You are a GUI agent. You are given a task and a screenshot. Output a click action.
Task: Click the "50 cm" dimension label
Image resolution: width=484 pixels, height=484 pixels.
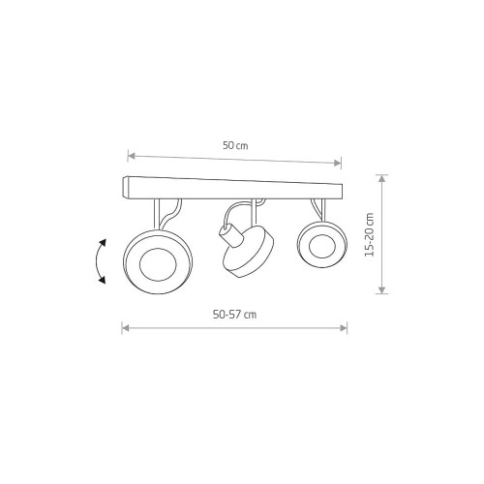(235, 145)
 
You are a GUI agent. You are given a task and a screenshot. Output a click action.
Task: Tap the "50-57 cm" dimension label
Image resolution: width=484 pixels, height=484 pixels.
(234, 315)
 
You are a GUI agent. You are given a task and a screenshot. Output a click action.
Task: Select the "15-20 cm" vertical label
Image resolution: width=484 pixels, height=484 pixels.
(370, 234)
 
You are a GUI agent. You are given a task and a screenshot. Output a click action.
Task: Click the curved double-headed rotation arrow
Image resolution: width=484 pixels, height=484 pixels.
(99, 261)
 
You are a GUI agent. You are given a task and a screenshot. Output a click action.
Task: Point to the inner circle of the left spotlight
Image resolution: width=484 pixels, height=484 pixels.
(158, 265)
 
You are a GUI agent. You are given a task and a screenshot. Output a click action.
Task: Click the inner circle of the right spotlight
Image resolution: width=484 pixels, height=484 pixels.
(322, 247)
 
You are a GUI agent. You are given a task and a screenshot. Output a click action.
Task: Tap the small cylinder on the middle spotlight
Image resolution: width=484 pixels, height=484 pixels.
(231, 235)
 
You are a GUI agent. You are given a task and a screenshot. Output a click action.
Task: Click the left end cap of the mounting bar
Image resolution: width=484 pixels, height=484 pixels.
(126, 187)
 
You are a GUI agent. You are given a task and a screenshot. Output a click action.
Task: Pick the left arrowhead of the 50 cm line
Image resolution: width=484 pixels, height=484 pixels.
(131, 156)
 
